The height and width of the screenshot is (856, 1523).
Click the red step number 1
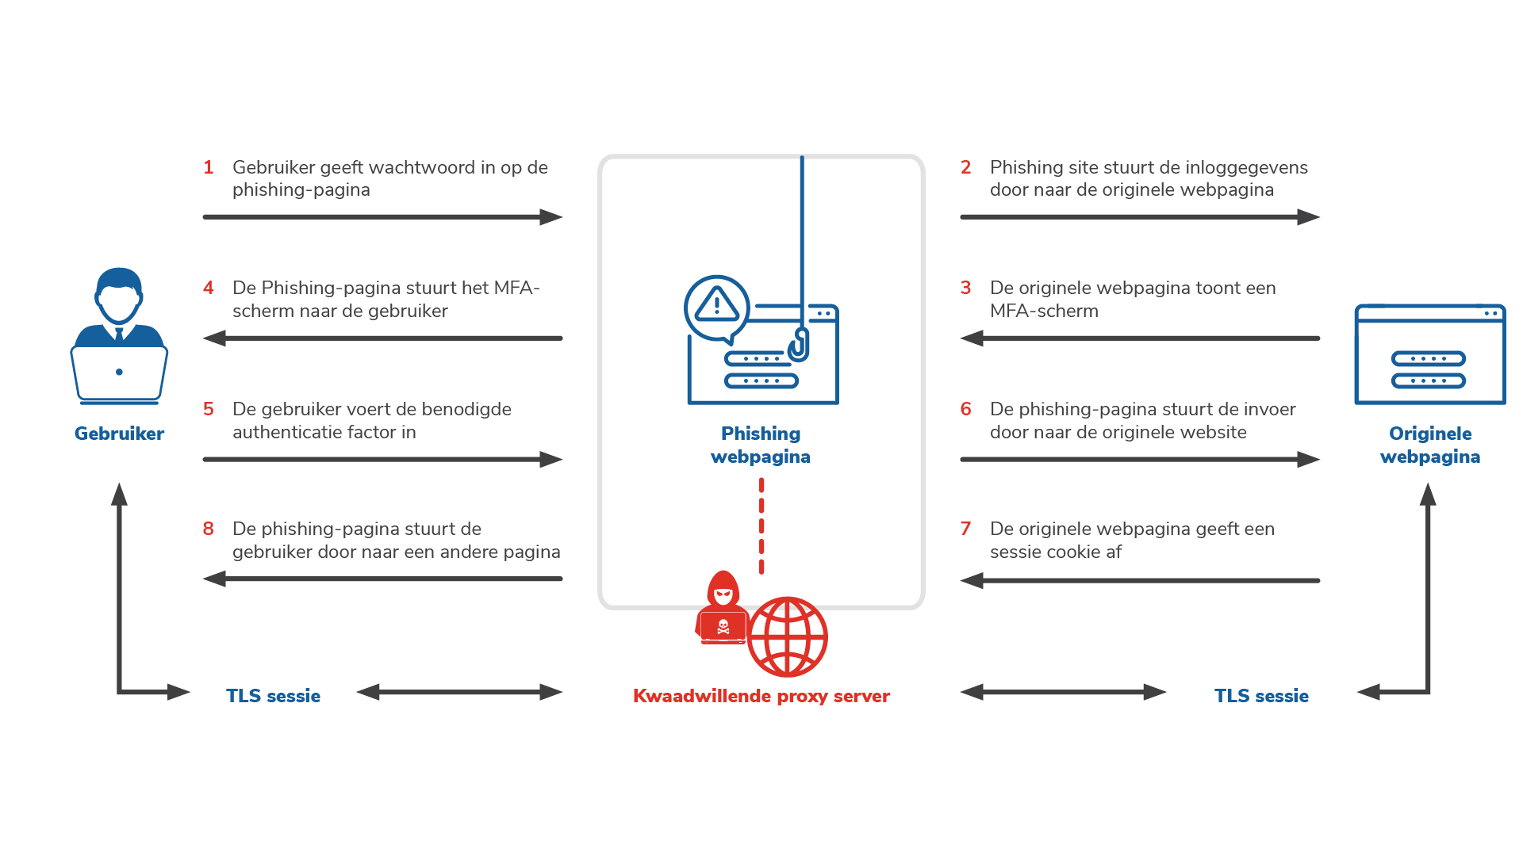pyautogui.click(x=209, y=167)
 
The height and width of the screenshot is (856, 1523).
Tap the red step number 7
pyautogui.click(x=965, y=529)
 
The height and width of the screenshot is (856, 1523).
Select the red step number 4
pyautogui.click(x=209, y=288)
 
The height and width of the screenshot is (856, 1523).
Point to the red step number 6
pyautogui.click(x=965, y=409)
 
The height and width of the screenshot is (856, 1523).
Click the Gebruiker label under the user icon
pyautogui.click(x=119, y=434)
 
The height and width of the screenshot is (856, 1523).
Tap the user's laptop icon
pyautogui.click(x=119, y=373)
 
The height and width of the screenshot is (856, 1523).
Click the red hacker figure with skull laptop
pyautogui.click(x=722, y=609)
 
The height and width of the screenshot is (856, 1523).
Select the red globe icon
pyautogui.click(x=788, y=636)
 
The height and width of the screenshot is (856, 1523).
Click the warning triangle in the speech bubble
pyautogui.click(x=716, y=304)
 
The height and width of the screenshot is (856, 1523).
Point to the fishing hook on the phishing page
pyautogui.click(x=798, y=346)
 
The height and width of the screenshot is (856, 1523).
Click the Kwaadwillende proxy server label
pyautogui.click(x=761, y=696)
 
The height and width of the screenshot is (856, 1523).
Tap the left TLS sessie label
pyautogui.click(x=273, y=696)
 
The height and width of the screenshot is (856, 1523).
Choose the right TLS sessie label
pyautogui.click(x=1261, y=696)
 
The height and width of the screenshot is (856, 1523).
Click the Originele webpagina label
pyautogui.click(x=1430, y=445)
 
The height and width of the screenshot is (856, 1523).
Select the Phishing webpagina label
pyautogui.click(x=761, y=445)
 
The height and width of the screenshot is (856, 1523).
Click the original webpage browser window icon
pyautogui.click(x=1429, y=354)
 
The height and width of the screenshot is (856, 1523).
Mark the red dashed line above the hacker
pyautogui.click(x=761, y=525)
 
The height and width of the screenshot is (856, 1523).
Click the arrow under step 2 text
pyautogui.click(x=1139, y=217)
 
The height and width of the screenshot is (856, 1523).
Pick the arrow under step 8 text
pyautogui.click(x=382, y=579)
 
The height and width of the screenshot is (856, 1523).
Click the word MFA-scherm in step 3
pyautogui.click(x=1044, y=311)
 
